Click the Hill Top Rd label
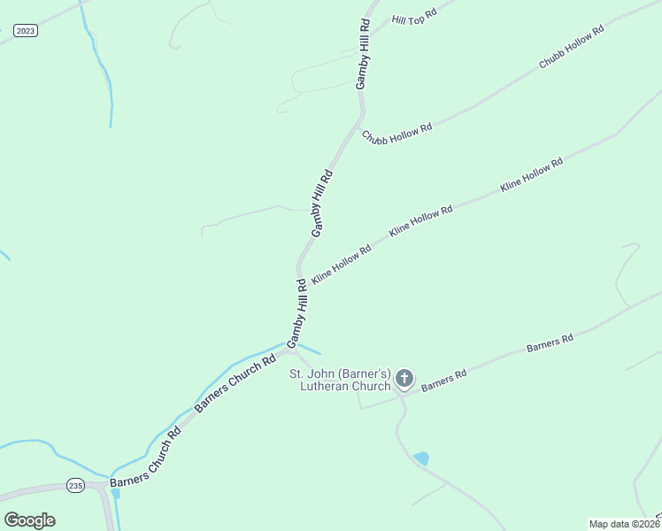(x=415, y=17)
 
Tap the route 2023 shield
(x=26, y=31)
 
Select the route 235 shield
(x=75, y=485)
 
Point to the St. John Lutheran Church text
(x=341, y=380)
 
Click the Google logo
(x=29, y=519)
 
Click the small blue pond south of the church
(x=420, y=458)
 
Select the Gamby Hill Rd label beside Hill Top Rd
(x=364, y=53)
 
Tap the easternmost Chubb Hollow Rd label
(x=572, y=48)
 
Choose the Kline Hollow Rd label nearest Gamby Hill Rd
(x=342, y=263)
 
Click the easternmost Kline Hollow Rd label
(x=531, y=175)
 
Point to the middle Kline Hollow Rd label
(x=420, y=220)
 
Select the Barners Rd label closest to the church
(x=443, y=381)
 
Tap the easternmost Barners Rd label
(x=550, y=342)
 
